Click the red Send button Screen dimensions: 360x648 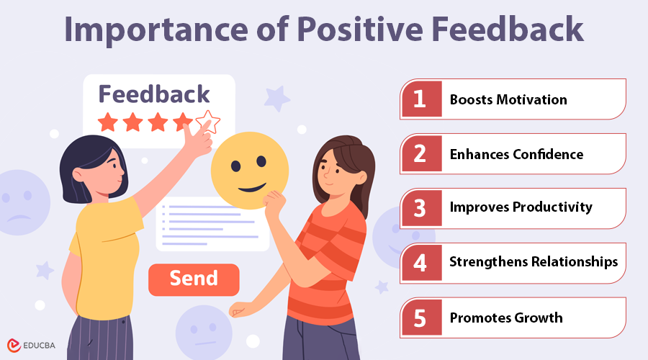click(193, 279)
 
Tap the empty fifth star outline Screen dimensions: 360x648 click(208, 122)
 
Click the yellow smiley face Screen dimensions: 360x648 click(249, 171)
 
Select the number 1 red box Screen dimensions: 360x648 click(420, 99)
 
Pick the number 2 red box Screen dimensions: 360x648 click(420, 154)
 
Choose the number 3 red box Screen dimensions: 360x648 click(420, 208)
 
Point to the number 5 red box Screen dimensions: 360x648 click(420, 318)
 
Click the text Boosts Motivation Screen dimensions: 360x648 click(508, 99)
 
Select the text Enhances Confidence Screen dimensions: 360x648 click(516, 154)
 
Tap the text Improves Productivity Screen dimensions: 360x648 click(521, 208)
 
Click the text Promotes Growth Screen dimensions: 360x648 click(506, 318)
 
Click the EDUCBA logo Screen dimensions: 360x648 click(33, 345)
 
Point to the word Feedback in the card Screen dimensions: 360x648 click(154, 94)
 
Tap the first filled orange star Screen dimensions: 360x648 click(108, 122)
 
